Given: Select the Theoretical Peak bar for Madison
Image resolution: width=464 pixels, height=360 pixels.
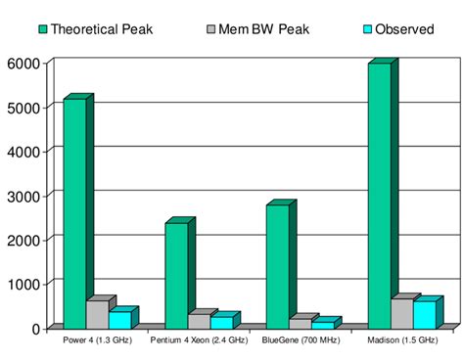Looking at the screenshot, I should (379, 196).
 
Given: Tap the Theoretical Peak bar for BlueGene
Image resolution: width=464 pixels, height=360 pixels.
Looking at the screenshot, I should (277, 265).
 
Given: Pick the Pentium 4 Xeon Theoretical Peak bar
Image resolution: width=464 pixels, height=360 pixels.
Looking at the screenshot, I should (176, 275).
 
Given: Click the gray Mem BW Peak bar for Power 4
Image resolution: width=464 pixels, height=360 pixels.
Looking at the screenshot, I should (97, 314).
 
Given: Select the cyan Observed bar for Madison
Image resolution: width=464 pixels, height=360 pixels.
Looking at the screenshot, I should (425, 314).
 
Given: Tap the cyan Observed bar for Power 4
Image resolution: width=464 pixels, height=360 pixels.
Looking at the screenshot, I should (119, 319).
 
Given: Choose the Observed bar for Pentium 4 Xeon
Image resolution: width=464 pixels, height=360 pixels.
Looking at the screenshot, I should (221, 322).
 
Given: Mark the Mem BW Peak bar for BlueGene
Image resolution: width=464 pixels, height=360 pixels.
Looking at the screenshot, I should (300, 323).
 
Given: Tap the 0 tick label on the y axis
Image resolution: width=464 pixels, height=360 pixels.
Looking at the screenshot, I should (35, 328).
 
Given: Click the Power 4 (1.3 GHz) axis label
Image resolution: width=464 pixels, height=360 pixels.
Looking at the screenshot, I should (97, 340).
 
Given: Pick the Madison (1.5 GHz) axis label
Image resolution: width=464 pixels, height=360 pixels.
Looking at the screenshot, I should (401, 340).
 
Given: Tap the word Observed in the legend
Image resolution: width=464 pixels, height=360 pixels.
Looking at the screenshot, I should (404, 29).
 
